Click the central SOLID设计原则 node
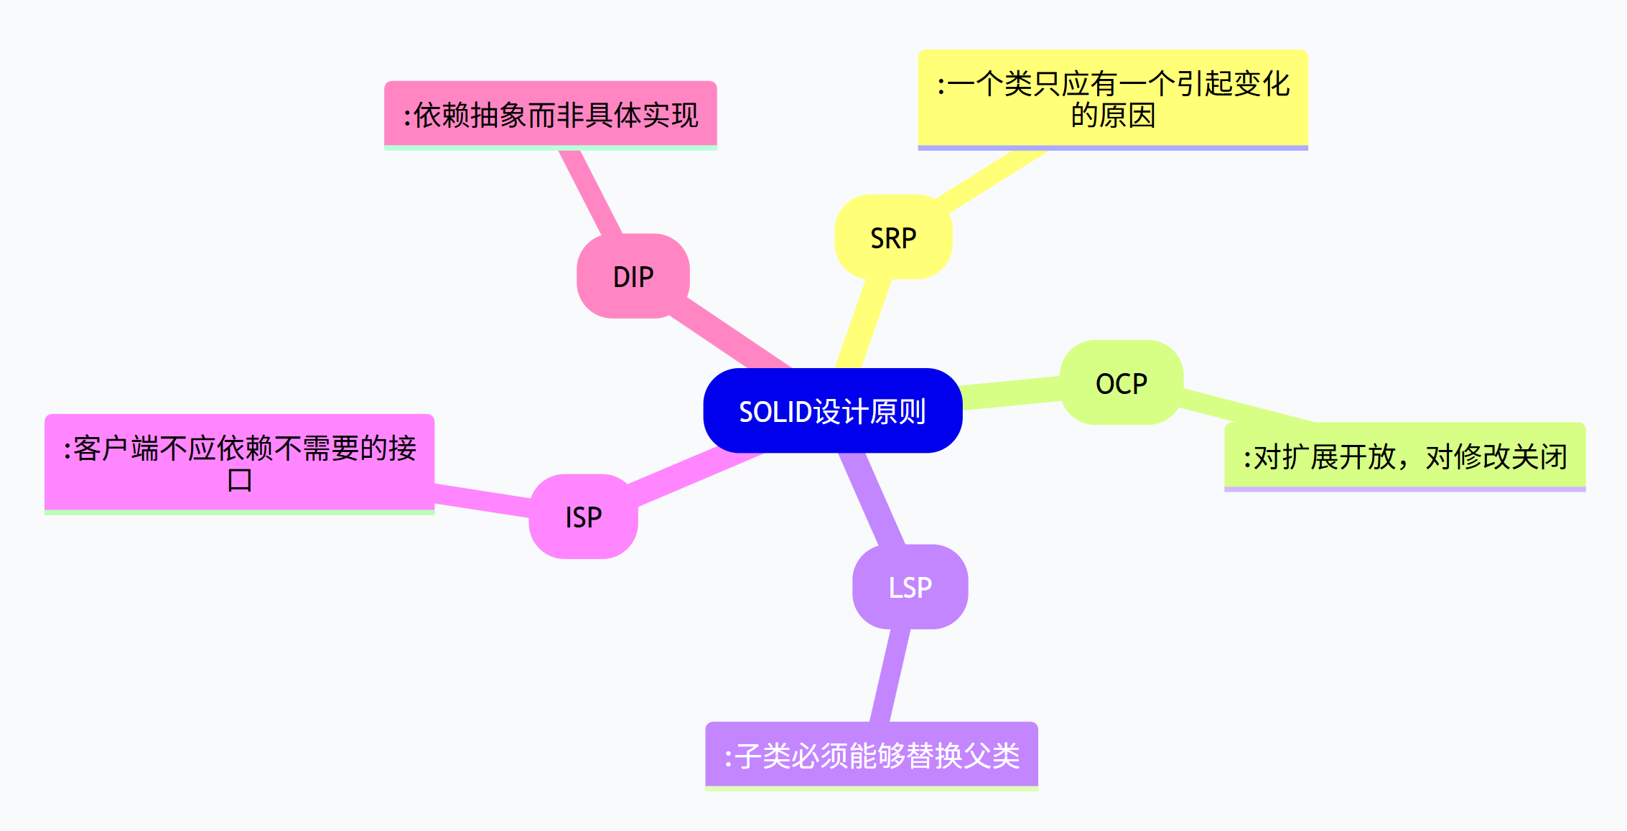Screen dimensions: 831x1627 pos(832,410)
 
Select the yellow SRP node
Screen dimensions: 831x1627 pos(893,238)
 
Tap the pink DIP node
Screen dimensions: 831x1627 pos(633,276)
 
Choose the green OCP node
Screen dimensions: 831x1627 pos(1121,383)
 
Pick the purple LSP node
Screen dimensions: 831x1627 pos(910,587)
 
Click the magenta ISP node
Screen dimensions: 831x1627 pos(583,517)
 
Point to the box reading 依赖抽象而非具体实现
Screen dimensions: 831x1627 pos(551,115)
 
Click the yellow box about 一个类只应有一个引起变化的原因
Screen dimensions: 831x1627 pos(1113,99)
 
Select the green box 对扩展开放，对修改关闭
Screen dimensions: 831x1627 pos(1404,456)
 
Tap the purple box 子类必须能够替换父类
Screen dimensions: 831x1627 pos(872,755)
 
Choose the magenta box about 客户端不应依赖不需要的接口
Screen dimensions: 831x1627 pos(239,463)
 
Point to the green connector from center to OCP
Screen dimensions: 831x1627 pos(1011,394)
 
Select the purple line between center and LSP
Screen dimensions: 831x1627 pos(872,499)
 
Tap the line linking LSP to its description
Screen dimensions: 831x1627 pos(890,675)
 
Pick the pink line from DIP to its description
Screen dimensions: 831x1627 pos(590,192)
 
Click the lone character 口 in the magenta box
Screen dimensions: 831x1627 pos(240,479)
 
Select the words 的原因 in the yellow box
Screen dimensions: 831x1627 pos(1113,116)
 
